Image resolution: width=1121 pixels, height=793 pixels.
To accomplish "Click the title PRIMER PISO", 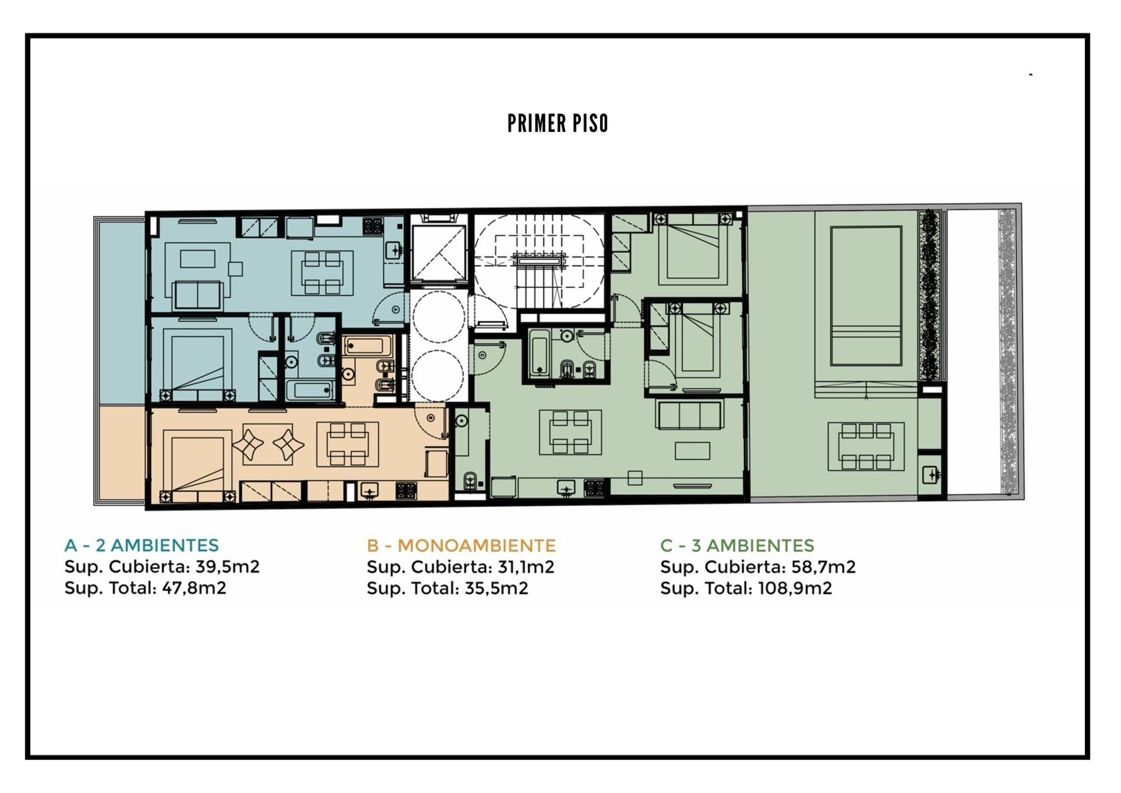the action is [558, 123].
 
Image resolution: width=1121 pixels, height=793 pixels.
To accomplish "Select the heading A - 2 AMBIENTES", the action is [141, 545].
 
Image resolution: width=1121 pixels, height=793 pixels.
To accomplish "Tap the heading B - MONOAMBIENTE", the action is [461, 545].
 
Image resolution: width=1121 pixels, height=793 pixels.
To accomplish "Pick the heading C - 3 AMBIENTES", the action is [737, 545].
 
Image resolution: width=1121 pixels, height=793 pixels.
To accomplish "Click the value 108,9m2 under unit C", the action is [795, 588].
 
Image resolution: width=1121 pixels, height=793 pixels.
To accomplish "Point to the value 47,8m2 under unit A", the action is [194, 588].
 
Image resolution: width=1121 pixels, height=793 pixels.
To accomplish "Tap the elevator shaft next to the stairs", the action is [438, 253].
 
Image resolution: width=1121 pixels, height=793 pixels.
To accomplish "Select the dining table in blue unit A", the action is [322, 273].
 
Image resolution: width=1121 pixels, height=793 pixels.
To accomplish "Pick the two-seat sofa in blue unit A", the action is [198, 295].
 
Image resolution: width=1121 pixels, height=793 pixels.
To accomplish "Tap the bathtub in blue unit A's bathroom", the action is [310, 389].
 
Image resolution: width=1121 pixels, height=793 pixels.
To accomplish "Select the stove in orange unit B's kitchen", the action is [406, 491].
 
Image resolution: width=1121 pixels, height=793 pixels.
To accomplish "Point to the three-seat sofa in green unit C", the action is [690, 415].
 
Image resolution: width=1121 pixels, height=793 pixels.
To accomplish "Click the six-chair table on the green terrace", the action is [866, 447].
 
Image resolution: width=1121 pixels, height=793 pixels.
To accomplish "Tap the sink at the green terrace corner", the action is [931, 474].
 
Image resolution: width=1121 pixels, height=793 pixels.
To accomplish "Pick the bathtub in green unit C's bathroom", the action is [539, 353].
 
